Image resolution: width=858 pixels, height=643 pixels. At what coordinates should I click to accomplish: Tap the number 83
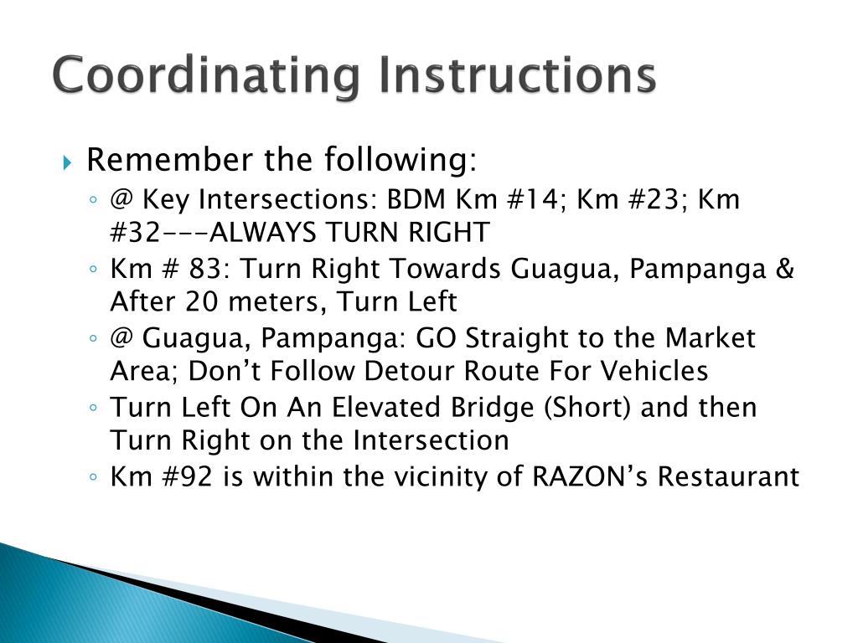click(194, 270)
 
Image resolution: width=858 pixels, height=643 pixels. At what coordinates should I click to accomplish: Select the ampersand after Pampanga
click(784, 270)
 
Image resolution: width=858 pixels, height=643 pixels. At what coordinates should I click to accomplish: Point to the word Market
click(711, 339)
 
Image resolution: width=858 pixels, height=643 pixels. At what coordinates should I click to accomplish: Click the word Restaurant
click(728, 477)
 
